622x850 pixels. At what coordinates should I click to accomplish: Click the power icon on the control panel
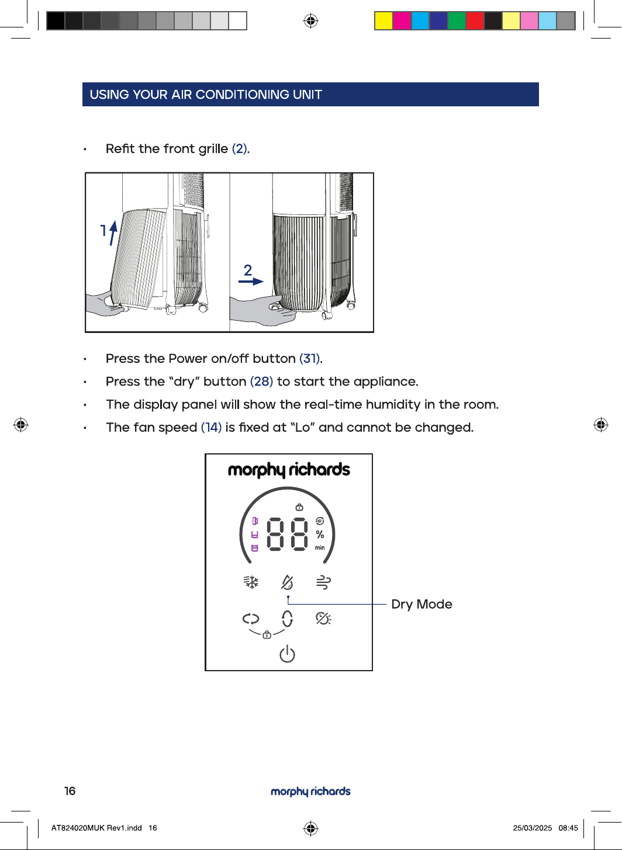tap(287, 654)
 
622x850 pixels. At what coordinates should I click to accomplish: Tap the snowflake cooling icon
tap(251, 582)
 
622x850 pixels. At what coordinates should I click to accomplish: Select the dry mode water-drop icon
tap(287, 582)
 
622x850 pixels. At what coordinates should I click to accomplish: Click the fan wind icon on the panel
tap(323, 582)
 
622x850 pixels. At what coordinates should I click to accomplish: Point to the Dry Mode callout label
tap(421, 604)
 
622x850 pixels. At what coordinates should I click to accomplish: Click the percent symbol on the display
tap(320, 535)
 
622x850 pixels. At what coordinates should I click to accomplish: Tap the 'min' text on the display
tap(320, 547)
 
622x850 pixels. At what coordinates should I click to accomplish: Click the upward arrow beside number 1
tap(113, 233)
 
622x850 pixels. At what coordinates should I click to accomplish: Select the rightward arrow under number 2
tap(251, 281)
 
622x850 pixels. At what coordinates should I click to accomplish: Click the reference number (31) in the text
tap(309, 359)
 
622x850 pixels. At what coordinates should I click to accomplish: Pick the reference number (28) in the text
tap(262, 381)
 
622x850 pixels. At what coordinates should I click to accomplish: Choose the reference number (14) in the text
tap(211, 427)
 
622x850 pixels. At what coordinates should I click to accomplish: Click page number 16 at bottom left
tap(70, 791)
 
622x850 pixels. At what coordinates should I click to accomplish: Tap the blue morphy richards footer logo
tap(310, 792)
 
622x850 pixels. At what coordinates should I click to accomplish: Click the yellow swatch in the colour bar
tap(383, 20)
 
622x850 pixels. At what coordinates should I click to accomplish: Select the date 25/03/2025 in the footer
tap(533, 828)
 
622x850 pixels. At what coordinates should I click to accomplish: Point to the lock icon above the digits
tap(299, 507)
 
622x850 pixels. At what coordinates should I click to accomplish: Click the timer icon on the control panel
tap(323, 619)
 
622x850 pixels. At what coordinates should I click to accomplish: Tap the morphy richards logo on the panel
tap(289, 470)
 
